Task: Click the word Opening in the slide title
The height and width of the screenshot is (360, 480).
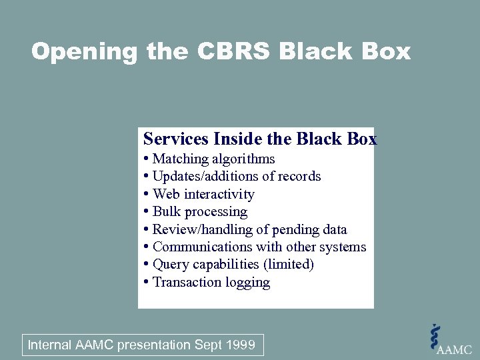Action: (84, 51)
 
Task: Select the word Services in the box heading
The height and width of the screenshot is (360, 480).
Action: (175, 139)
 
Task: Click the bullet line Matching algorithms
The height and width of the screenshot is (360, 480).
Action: (213, 159)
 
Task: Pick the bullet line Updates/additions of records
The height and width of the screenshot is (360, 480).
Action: (237, 176)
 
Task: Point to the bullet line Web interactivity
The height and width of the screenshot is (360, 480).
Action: (203, 194)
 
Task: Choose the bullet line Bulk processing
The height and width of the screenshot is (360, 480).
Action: (200, 211)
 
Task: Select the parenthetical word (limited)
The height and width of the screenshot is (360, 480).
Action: (288, 264)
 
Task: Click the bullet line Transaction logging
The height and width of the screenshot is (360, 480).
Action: (211, 282)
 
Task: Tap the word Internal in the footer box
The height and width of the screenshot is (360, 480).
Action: (49, 345)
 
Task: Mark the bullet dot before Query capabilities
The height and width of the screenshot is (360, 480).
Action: (146, 265)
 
